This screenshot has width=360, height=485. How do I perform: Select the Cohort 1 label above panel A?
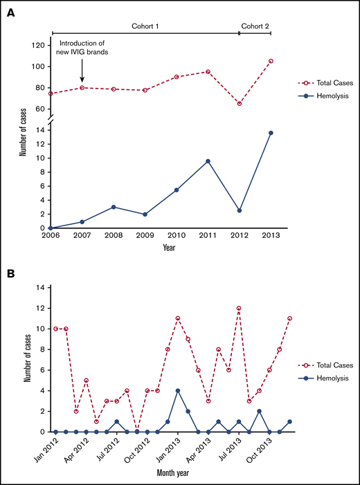point(146,26)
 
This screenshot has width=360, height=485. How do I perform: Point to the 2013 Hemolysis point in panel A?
point(270,133)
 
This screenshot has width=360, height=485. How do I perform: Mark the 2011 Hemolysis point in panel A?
point(207,161)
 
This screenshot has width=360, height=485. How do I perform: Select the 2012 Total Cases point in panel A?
point(239,103)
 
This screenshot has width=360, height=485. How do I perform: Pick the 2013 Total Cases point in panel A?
point(270,61)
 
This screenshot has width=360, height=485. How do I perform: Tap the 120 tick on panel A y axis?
point(38,45)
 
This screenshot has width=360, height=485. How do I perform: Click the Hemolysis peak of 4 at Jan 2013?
point(178,390)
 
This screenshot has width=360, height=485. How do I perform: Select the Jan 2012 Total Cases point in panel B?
point(55,329)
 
